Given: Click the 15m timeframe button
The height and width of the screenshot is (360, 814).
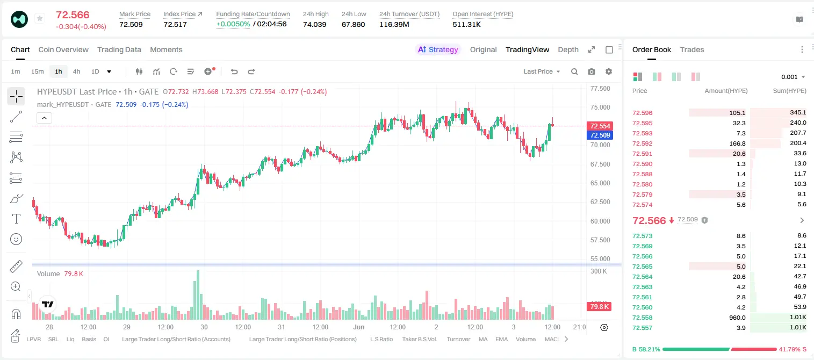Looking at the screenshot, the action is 37,71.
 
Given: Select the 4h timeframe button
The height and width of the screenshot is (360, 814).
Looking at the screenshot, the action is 76,71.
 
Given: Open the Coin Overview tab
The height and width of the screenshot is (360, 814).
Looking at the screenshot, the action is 63,49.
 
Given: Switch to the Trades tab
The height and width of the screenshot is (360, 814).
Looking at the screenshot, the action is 692,49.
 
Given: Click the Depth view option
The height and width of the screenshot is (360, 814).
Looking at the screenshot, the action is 568,49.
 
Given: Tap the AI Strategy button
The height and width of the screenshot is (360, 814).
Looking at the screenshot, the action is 438,49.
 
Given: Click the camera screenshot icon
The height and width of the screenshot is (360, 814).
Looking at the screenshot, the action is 592,71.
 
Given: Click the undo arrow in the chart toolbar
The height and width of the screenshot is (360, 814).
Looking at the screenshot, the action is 234,71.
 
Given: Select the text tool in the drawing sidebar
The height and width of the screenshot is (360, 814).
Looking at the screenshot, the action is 16,219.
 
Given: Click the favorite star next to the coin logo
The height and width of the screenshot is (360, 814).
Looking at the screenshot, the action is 40,18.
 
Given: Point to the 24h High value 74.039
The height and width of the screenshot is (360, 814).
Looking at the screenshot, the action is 315,24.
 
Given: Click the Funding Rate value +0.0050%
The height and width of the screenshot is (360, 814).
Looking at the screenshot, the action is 233,24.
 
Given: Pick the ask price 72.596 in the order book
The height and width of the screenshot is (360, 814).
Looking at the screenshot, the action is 642,113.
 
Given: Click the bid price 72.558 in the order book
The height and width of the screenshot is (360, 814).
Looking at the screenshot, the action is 642,318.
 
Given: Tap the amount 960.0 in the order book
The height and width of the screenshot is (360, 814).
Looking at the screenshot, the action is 737,318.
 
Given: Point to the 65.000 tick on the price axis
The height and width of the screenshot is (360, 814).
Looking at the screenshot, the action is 600,183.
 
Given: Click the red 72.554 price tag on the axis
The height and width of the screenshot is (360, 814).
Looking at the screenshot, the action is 600,126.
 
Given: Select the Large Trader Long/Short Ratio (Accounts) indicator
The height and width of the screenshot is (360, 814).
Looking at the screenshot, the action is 176,339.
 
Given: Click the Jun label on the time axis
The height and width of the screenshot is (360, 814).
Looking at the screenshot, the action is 359,327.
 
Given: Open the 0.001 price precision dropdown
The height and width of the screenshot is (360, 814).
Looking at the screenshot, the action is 793,77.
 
